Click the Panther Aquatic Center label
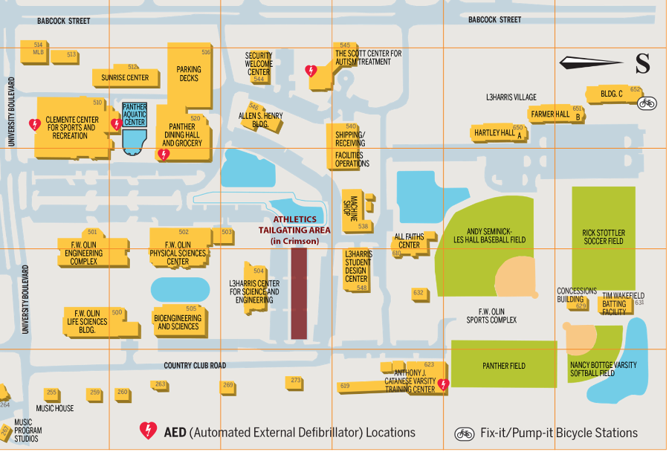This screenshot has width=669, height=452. [x=135, y=114]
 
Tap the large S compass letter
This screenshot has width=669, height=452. [x=642, y=64]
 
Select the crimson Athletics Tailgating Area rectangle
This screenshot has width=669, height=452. [x=299, y=293]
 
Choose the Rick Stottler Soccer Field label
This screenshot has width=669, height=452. [x=603, y=237]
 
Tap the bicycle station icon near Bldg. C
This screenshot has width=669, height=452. [x=647, y=103]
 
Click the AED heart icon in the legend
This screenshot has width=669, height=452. [x=149, y=431]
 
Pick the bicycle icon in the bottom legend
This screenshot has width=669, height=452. [x=465, y=433]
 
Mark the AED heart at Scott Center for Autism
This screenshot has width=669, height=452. [x=311, y=71]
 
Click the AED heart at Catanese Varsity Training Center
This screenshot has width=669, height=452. [x=444, y=384]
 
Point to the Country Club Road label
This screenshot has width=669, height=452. [x=195, y=366]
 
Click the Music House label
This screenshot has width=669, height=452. [x=55, y=408]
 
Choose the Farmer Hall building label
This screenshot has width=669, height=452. [x=550, y=114]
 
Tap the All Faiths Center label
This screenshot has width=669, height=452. [x=409, y=241]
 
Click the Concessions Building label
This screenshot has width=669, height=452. [x=577, y=295]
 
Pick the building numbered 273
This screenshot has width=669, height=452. [x=296, y=381]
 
